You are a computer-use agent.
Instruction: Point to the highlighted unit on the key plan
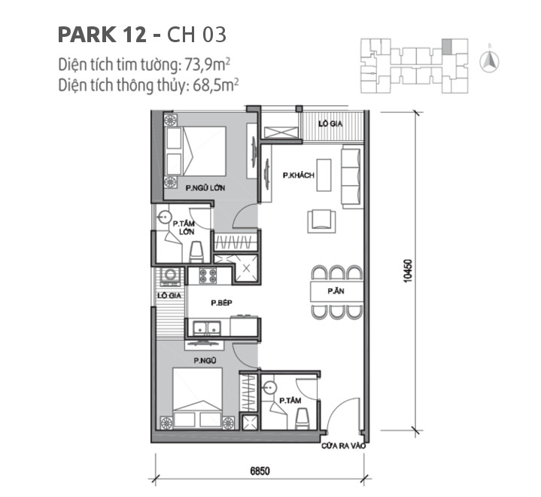pyautogui.click(x=447, y=47)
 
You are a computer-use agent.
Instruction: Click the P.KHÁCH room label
pyautogui.click(x=298, y=175)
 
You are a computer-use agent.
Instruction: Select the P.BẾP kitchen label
pyautogui.click(x=220, y=303)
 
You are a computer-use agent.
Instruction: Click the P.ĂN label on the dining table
pyautogui.click(x=336, y=290)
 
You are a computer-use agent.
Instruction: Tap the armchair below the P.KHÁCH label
pyautogui.click(x=319, y=219)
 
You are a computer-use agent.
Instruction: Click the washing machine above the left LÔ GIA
pyautogui.click(x=169, y=276)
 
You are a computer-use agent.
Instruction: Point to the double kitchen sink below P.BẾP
pyautogui.click(x=205, y=327)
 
